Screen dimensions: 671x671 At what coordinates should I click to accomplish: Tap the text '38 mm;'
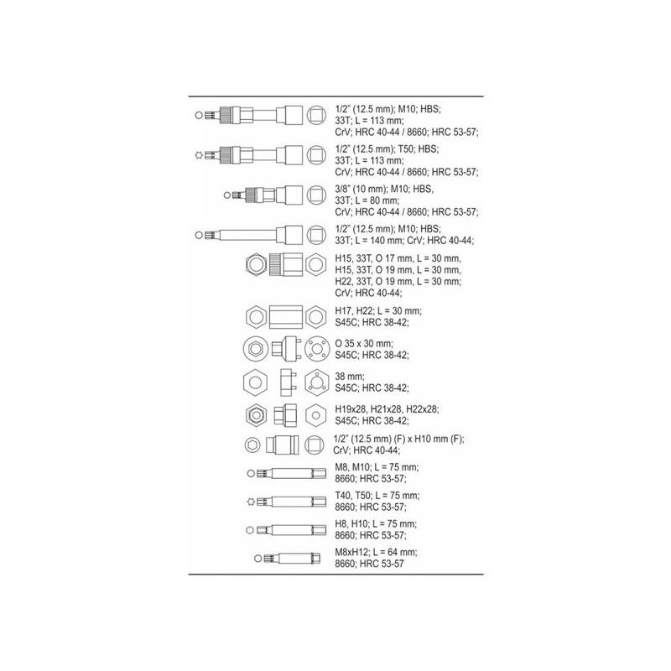click(x=350, y=377)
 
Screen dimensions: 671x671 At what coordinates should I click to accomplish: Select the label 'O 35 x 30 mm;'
click(x=364, y=344)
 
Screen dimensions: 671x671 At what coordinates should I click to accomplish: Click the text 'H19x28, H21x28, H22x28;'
click(x=387, y=409)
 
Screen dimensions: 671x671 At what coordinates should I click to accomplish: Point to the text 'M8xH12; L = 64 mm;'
click(x=376, y=552)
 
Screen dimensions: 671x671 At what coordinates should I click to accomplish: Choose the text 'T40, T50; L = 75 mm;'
click(x=377, y=496)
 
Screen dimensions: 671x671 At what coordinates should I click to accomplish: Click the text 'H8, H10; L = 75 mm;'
click(x=376, y=523)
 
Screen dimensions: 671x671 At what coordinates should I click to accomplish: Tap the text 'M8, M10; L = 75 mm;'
click(x=377, y=467)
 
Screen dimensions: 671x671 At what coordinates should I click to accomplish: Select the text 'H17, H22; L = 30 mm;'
click(x=378, y=311)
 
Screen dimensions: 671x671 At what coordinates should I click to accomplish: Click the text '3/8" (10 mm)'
click(x=361, y=190)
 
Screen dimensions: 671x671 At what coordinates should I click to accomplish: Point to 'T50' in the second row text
click(x=405, y=149)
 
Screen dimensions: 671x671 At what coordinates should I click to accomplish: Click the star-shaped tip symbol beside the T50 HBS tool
click(x=198, y=155)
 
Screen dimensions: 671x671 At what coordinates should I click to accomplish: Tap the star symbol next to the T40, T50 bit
click(x=251, y=502)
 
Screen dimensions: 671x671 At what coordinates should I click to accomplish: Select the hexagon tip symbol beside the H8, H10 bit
click(x=250, y=531)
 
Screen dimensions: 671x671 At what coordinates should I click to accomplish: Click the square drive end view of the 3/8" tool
click(x=316, y=195)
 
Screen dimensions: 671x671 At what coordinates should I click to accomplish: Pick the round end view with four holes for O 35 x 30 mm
click(x=317, y=349)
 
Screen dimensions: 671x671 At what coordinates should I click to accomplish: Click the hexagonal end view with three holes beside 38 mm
click(x=316, y=382)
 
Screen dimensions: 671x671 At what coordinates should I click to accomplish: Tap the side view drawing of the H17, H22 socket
click(x=286, y=317)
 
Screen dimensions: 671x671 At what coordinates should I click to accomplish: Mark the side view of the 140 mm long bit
click(x=254, y=235)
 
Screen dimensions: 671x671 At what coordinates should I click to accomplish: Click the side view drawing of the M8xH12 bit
click(x=292, y=559)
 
